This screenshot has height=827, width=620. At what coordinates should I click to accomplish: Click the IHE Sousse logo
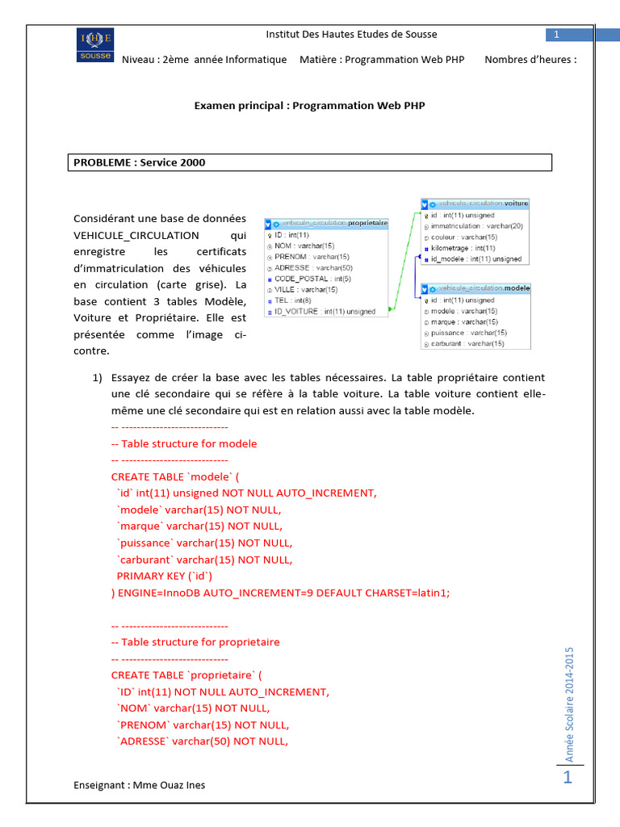[95, 45]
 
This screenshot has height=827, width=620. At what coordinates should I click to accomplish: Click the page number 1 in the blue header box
[557, 34]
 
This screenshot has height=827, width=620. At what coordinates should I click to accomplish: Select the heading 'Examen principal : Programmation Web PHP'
[310, 105]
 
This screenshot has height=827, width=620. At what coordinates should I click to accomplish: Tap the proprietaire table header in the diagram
[326, 223]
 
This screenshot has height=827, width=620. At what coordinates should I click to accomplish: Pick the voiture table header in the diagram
[475, 204]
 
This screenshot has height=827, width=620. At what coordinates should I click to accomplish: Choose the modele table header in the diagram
[475, 288]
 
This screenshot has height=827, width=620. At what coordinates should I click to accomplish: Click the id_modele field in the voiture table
[475, 259]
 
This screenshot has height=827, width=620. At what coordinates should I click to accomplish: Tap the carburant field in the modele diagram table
[467, 343]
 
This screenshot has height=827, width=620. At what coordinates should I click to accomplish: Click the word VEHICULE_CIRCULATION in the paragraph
[136, 235]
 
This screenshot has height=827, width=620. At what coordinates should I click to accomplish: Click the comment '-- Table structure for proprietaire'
[195, 642]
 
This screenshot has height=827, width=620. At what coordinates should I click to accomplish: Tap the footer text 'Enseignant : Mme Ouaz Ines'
[139, 785]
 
